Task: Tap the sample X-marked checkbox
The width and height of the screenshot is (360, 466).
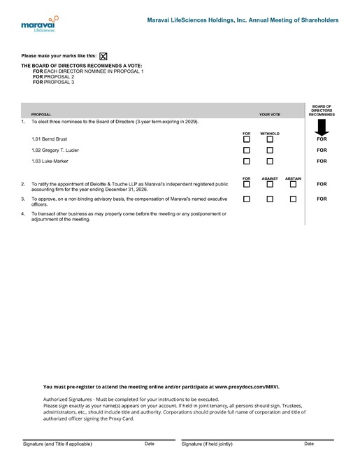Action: point(103,56)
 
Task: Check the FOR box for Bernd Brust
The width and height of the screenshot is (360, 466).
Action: point(246,139)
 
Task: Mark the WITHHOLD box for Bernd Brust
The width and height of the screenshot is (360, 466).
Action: point(270,139)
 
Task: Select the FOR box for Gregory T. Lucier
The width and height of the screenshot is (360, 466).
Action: point(246,150)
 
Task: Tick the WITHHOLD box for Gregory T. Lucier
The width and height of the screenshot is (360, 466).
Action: point(270,150)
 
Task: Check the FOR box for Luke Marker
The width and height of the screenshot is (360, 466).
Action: point(246,162)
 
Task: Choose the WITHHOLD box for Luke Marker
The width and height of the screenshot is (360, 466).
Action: point(270,162)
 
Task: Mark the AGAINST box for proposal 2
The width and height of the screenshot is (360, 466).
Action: point(270,185)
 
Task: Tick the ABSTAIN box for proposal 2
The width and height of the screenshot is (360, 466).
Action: point(293,185)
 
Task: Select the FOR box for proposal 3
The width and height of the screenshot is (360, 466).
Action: point(246,199)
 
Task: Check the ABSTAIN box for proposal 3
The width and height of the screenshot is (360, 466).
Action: point(293,199)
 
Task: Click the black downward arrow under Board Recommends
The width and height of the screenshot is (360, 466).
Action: point(322,128)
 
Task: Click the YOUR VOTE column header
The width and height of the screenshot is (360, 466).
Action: point(269,114)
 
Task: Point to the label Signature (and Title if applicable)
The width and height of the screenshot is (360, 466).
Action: point(57,444)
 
